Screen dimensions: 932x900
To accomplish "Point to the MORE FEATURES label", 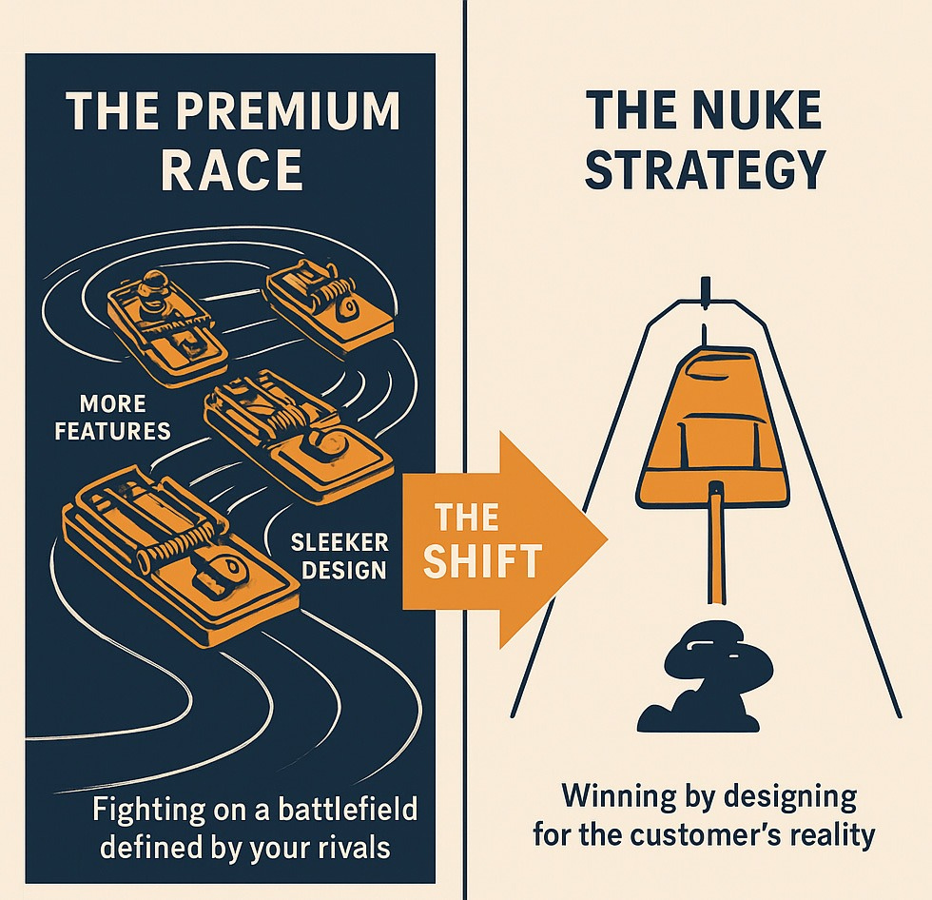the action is pos(112,417).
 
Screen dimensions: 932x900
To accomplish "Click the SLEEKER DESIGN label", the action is pos(340,557).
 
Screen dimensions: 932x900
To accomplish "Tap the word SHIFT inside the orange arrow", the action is pos(483,560).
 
